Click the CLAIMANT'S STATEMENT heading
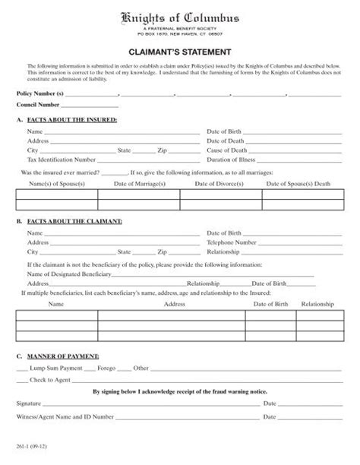tap(180, 52)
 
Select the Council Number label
tap(39, 105)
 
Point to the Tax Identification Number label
tap(62, 160)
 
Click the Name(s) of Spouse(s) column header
tap(55, 183)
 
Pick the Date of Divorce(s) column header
tap(220, 183)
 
